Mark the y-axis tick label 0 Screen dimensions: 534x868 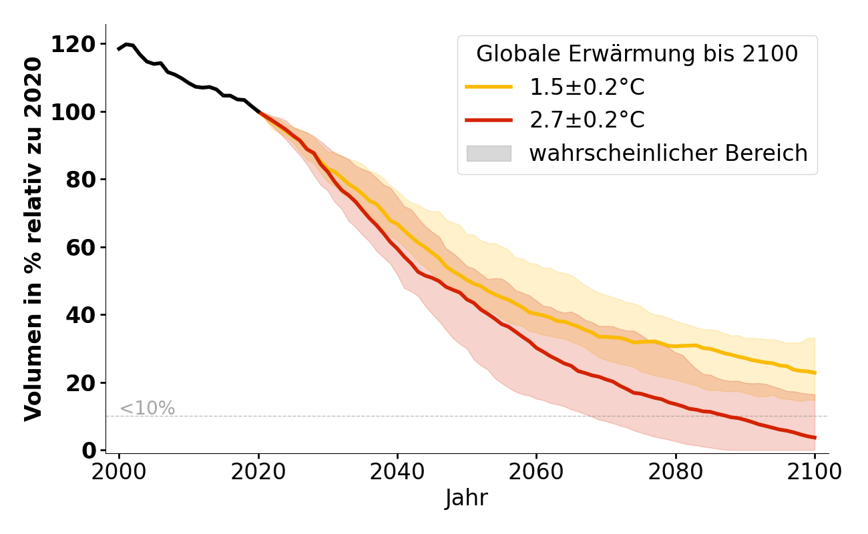point(89,451)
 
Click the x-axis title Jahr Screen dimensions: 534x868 point(467,499)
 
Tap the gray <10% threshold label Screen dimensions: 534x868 point(147,409)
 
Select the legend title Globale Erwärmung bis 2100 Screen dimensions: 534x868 point(637,54)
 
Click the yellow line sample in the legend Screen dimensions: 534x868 point(489,87)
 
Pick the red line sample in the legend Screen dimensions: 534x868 point(489,120)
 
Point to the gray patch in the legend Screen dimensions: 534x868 point(489,154)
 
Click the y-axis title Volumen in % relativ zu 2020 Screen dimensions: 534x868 point(34,239)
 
